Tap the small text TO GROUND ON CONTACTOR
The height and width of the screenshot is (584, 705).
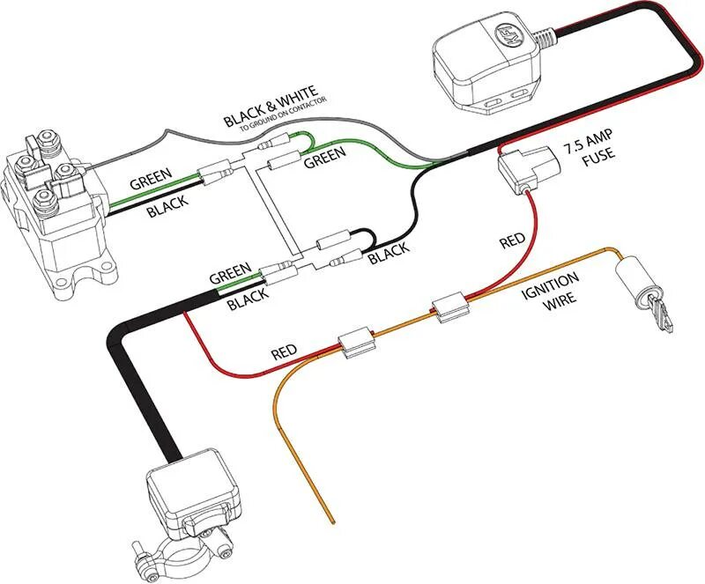coord(281,103)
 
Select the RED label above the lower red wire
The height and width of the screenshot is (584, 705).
coord(284,352)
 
